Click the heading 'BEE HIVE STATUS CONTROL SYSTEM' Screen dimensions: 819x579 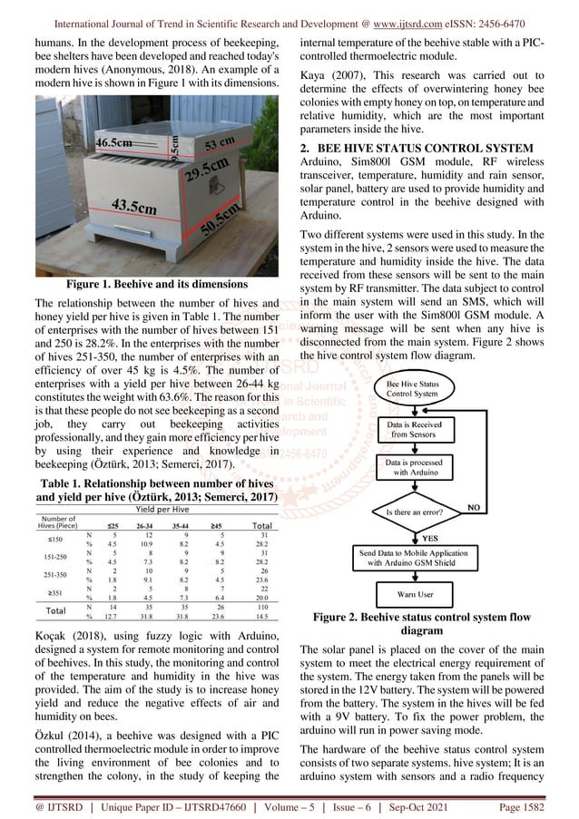click(x=422, y=147)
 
